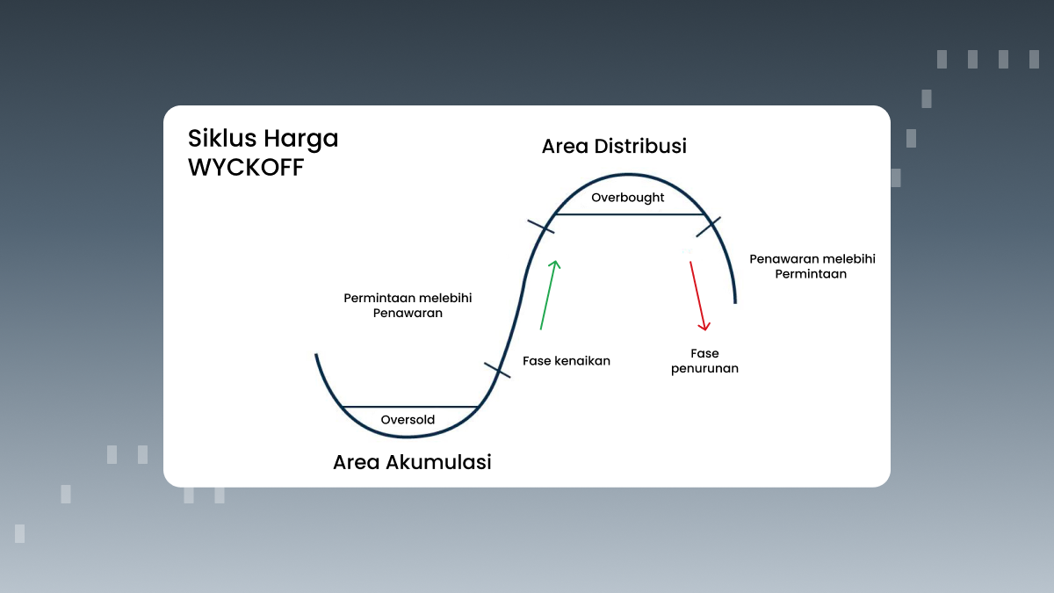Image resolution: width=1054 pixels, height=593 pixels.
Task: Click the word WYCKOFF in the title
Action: pyautogui.click(x=246, y=168)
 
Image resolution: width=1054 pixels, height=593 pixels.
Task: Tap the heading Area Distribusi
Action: pyautogui.click(x=614, y=146)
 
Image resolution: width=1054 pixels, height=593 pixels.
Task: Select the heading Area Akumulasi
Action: pyautogui.click(x=412, y=462)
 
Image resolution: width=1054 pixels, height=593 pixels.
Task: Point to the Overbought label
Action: pyautogui.click(x=627, y=198)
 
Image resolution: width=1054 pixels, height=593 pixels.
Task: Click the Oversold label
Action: pyautogui.click(x=408, y=420)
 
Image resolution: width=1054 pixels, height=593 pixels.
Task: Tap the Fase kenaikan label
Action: pyautogui.click(x=566, y=361)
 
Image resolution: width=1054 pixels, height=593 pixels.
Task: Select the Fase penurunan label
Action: pyautogui.click(x=704, y=361)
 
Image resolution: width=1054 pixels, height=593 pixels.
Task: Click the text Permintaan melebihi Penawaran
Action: pyautogui.click(x=408, y=305)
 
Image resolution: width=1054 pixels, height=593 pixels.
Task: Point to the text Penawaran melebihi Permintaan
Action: pyautogui.click(x=812, y=266)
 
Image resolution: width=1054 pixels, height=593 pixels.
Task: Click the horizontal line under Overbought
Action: pyautogui.click(x=629, y=213)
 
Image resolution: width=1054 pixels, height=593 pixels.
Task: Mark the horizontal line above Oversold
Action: pyautogui.click(x=409, y=407)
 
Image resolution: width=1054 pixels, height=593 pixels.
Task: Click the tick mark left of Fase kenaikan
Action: pyautogui.click(x=497, y=369)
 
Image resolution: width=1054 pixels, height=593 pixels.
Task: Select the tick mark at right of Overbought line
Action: pyautogui.click(x=709, y=227)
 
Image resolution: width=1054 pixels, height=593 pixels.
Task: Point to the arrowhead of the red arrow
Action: pyautogui.click(x=704, y=326)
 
